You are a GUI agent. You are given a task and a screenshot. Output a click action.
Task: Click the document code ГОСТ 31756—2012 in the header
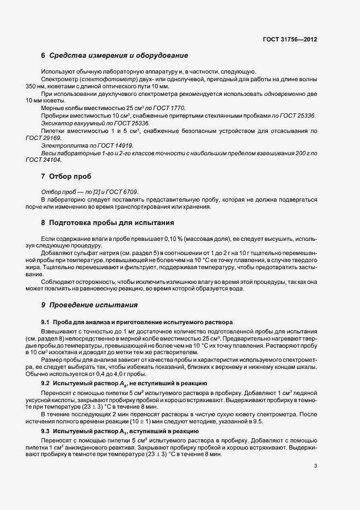click(289, 39)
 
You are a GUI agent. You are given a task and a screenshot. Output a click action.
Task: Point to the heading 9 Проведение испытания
click(90, 305)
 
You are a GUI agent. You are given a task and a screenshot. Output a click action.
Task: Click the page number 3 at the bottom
click(316, 466)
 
